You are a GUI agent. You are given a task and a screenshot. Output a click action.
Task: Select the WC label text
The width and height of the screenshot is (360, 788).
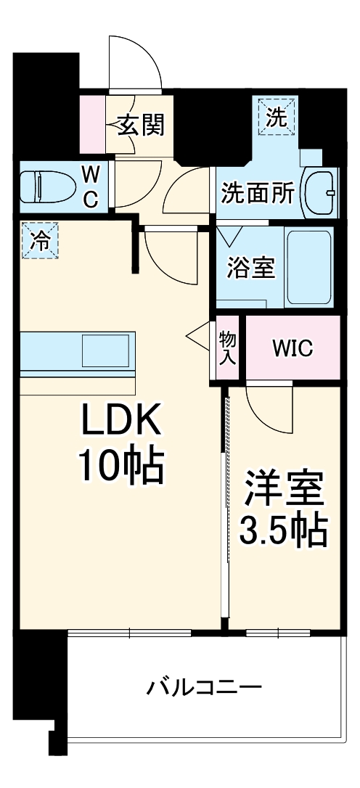[90, 186]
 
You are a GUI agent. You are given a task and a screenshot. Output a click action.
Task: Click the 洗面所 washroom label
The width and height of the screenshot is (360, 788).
[258, 192]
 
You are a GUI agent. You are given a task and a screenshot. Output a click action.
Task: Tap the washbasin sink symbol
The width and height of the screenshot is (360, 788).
[319, 192]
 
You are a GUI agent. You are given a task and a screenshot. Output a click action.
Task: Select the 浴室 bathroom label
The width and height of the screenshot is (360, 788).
[251, 268]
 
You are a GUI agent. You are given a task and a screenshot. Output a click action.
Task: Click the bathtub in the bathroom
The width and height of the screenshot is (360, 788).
[309, 267]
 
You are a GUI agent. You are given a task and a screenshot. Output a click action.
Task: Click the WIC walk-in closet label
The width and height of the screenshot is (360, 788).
[292, 348]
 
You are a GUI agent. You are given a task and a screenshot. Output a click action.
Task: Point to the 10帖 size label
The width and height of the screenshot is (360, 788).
[120, 467]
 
